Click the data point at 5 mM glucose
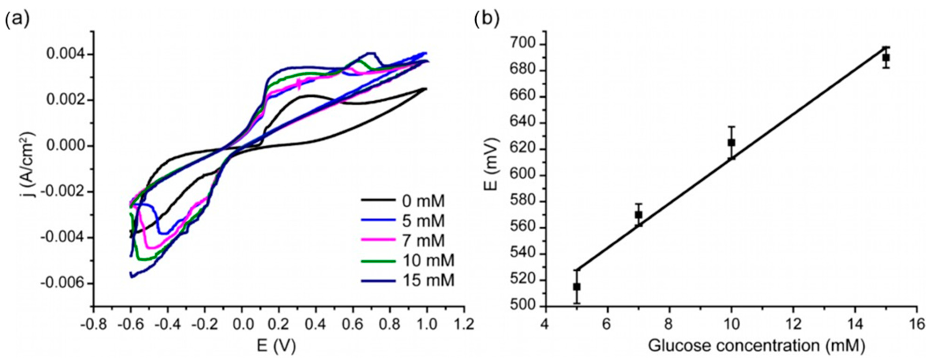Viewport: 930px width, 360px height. (577, 287)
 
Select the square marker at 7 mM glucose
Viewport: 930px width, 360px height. (638, 214)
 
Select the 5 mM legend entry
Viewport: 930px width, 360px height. (423, 221)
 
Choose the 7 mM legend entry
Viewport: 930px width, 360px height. (423, 240)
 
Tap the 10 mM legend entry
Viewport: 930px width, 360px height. (428, 260)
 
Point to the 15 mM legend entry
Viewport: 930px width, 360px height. (428, 280)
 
